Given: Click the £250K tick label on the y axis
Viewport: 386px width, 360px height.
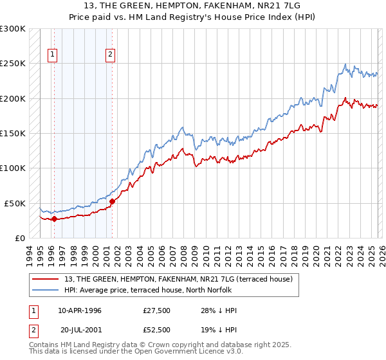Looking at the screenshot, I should click(13, 64).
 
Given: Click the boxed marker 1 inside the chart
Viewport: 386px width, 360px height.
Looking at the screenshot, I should click(52, 55).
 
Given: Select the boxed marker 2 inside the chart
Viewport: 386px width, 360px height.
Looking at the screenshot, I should click(111, 55).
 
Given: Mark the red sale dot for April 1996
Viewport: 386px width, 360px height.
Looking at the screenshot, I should click(54, 219).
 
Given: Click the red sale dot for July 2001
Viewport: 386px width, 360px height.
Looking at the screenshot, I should click(112, 201).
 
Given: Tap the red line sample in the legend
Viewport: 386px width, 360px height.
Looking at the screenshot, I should click(46, 279).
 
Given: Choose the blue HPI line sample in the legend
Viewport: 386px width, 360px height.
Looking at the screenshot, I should click(46, 290).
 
